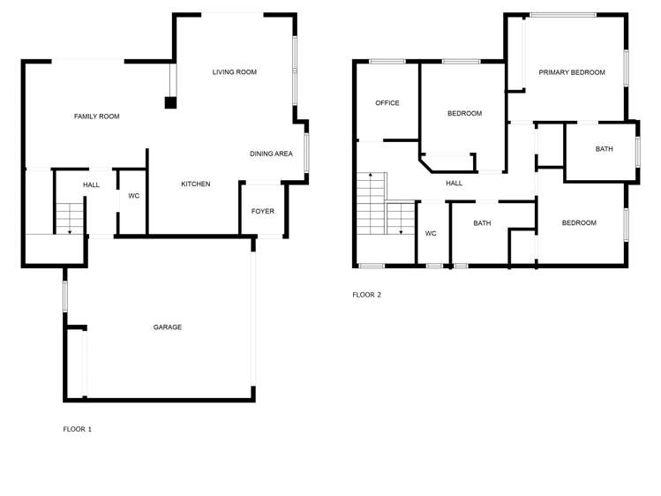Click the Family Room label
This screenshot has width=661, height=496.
tap(96, 116)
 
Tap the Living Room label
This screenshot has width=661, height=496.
tap(235, 72)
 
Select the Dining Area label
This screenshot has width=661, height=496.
tap(271, 154)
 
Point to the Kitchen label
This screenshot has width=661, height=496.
tap(195, 184)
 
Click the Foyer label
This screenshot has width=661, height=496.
tap(263, 212)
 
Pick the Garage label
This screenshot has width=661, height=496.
tap(168, 327)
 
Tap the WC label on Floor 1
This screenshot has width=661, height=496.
tap(134, 196)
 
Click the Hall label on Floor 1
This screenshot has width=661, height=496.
tap(92, 185)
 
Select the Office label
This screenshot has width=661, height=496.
tap(387, 103)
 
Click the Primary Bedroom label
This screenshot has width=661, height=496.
tap(572, 72)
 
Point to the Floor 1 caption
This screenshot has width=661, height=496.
tap(77, 430)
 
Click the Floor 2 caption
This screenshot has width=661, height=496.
tap(366, 295)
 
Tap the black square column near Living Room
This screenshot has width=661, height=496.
tap(170, 102)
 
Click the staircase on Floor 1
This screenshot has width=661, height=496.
tap(69, 217)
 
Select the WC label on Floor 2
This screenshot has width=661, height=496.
tap(431, 234)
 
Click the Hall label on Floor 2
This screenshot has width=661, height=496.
tap(454, 184)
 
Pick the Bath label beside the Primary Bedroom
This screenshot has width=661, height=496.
tap(604, 149)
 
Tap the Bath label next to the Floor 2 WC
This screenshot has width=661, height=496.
tap(482, 223)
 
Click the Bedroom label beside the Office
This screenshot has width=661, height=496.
tap(464, 114)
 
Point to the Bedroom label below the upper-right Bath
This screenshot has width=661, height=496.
tap(579, 223)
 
